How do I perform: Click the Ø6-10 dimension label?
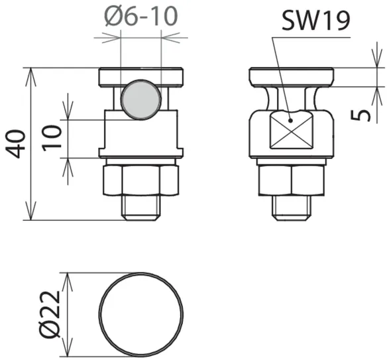pyautogui.click(x=141, y=16)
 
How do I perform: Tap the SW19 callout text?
pyautogui.click(x=316, y=21)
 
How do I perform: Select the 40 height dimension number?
pyautogui.click(x=15, y=144)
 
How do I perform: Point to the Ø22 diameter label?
pyautogui.click(x=50, y=314)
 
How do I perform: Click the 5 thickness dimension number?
pyautogui.click(x=360, y=115)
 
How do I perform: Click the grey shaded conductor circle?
pyautogui.click(x=141, y=99)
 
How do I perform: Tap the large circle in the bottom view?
pyautogui.click(x=141, y=314)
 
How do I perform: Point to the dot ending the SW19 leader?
pyautogui.click(x=291, y=121)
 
